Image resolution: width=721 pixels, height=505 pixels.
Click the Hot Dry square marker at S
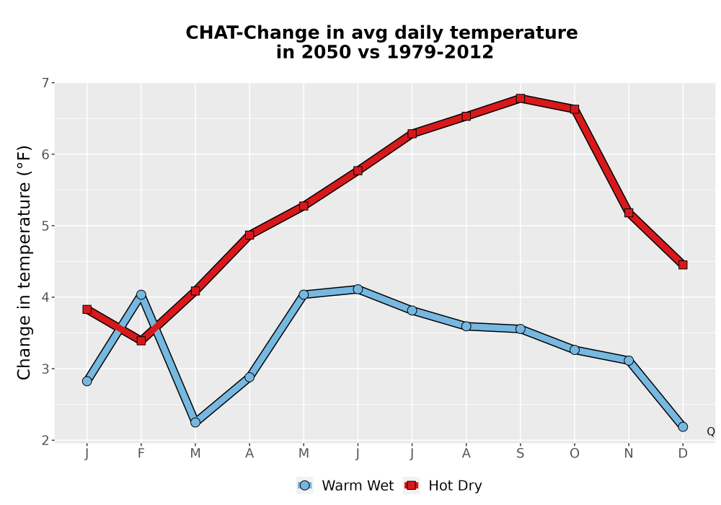click(x=520, y=98)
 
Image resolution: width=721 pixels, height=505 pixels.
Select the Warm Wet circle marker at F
click(x=141, y=295)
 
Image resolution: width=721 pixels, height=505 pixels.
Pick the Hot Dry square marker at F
click(x=141, y=341)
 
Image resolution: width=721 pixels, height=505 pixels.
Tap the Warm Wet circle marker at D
click(x=683, y=427)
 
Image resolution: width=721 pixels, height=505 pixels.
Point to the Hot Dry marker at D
click(x=683, y=265)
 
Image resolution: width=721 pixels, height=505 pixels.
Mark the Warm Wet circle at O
click(x=575, y=350)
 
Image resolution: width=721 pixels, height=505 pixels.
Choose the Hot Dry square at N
click(x=629, y=213)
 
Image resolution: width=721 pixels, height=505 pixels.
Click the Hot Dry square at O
click(x=575, y=110)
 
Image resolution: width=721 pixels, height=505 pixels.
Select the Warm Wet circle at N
click(x=629, y=361)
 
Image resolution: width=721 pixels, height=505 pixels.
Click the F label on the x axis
click(x=141, y=454)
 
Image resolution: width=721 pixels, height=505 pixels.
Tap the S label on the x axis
click(x=520, y=454)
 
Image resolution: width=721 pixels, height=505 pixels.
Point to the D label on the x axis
click(x=683, y=454)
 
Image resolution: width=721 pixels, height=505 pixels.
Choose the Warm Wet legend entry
click(x=345, y=486)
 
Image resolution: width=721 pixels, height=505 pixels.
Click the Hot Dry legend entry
click(x=443, y=486)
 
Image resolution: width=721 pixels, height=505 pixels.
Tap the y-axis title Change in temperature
click(x=24, y=263)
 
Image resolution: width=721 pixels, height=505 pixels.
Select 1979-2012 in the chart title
click(x=440, y=52)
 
